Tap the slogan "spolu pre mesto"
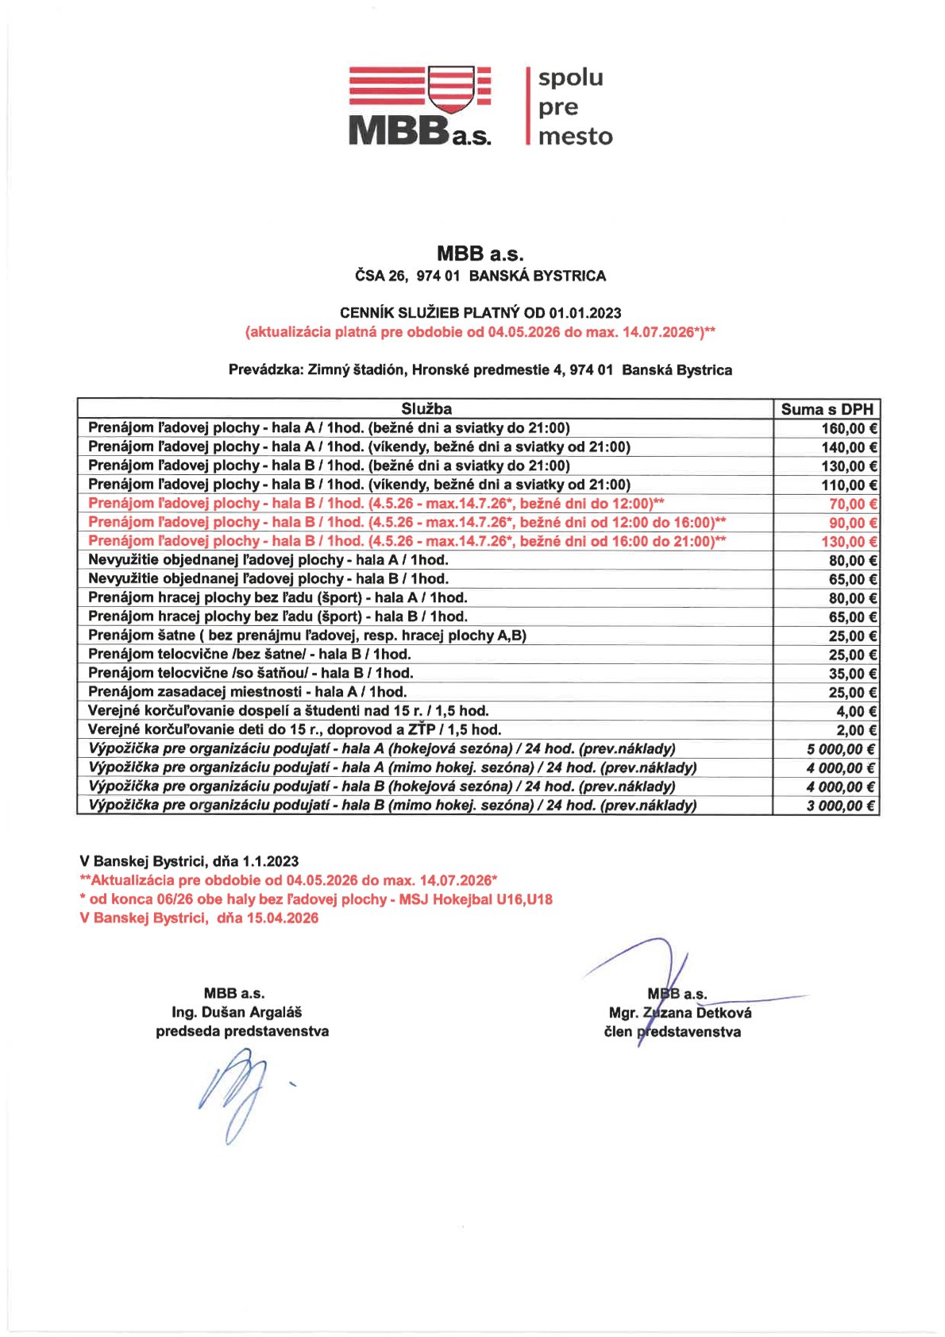point(575,106)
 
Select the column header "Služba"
point(426,409)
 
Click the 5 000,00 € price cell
point(841,749)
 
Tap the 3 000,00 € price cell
point(841,806)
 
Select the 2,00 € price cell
point(856,730)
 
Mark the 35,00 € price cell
point(852,674)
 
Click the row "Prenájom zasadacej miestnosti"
point(247,692)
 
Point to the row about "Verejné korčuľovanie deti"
point(294,729)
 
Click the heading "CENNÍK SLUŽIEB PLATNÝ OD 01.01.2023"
point(480,313)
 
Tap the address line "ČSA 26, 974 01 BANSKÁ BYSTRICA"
point(480,276)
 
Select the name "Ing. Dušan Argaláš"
point(237,1012)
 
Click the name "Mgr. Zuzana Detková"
point(680,1013)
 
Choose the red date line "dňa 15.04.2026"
point(199,918)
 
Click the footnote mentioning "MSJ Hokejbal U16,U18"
point(316,899)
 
